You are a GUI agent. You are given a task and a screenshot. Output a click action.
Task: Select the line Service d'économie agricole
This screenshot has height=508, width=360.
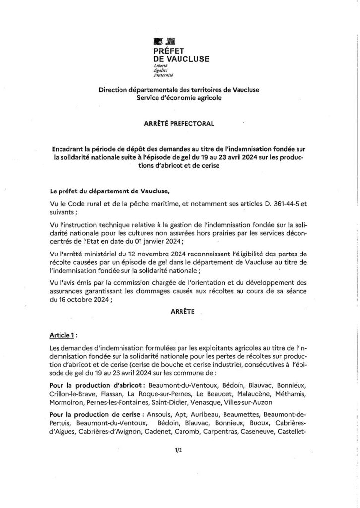[179, 98]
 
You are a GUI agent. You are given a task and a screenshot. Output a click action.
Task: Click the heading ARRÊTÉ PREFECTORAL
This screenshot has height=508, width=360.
[180, 124]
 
